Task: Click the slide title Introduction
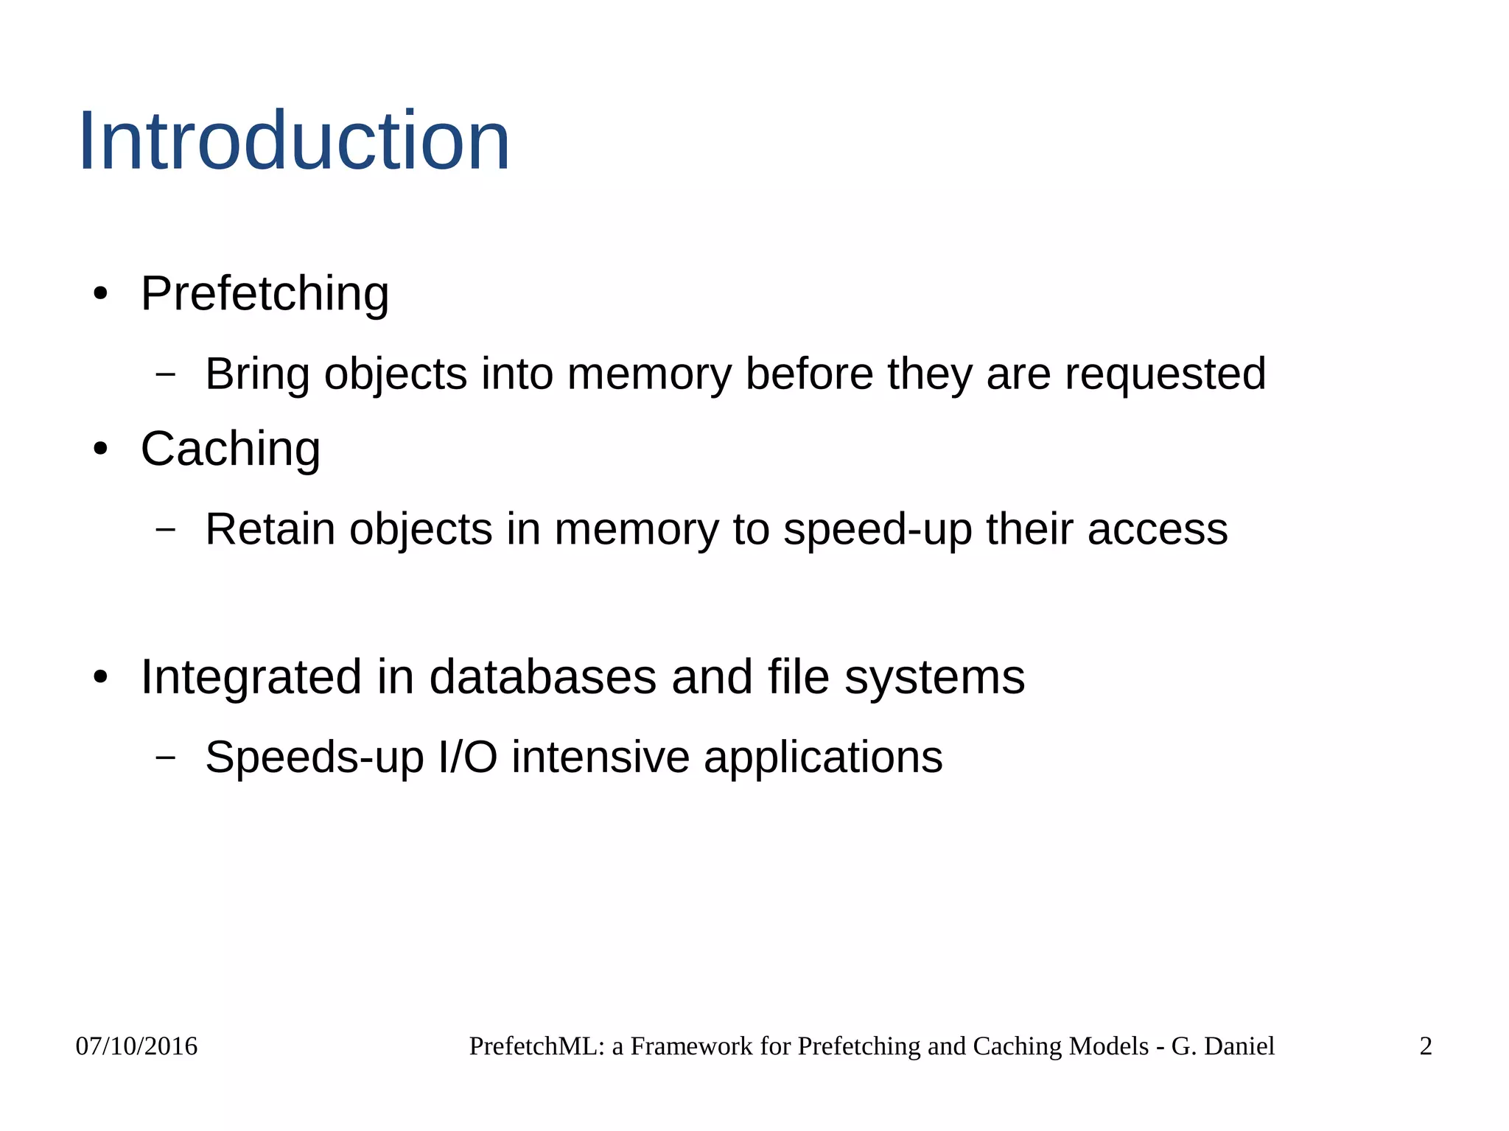coord(293,141)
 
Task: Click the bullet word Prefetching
coord(265,294)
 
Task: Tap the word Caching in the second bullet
coord(230,449)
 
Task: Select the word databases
coord(542,677)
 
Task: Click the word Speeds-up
coord(315,757)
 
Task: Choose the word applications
coord(823,757)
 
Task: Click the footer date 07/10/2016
coord(136,1046)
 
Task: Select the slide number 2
coord(1426,1046)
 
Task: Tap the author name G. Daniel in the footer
coord(1222,1046)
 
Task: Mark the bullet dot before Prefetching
coord(101,295)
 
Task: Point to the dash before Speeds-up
coord(166,757)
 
